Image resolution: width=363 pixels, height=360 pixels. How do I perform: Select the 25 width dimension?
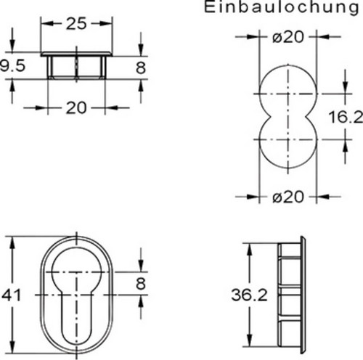coord(76,23)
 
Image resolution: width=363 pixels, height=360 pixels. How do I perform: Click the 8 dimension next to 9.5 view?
coord(141,66)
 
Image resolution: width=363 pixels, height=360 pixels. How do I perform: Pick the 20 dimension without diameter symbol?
coord(76,108)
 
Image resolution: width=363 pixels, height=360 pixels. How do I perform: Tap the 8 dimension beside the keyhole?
coord(141,283)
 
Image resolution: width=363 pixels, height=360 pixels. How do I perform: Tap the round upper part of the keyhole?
coord(76,279)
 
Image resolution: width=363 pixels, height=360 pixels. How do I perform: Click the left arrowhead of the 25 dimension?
coord(44,23)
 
